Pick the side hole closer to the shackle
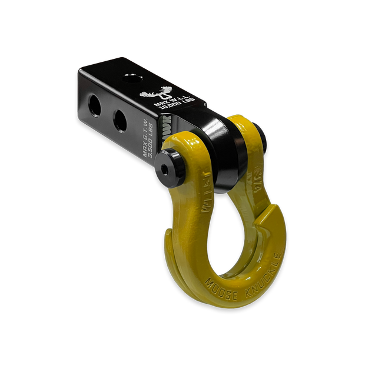tap(120, 121)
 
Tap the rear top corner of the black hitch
tap(82, 71)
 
